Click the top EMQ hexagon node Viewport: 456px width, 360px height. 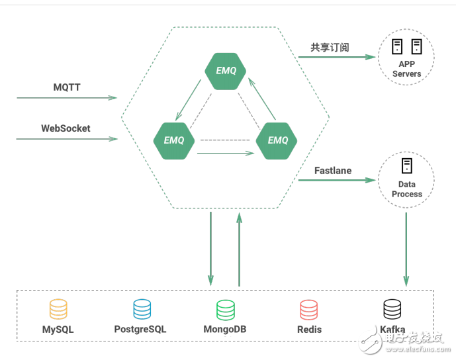pos(226,71)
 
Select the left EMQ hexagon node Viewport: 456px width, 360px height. pos(174,140)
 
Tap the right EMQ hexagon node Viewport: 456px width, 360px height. pos(277,140)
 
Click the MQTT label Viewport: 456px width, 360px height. pos(67,87)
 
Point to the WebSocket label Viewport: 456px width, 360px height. pos(66,128)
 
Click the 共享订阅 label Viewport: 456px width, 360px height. pos(330,48)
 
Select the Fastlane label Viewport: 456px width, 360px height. pos(333,171)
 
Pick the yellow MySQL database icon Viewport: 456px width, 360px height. pos(58,310)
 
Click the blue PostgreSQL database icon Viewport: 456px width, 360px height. pos(142,310)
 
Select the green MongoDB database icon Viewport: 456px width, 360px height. pos(226,310)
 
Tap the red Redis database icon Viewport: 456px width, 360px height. pos(309,310)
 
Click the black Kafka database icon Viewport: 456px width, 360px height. pos(392,310)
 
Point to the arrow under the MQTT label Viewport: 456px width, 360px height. pos(66,98)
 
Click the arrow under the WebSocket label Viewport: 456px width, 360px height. pos(66,139)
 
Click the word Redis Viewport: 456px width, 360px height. pos(309,329)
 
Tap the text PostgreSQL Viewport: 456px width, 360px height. pos(140,329)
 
